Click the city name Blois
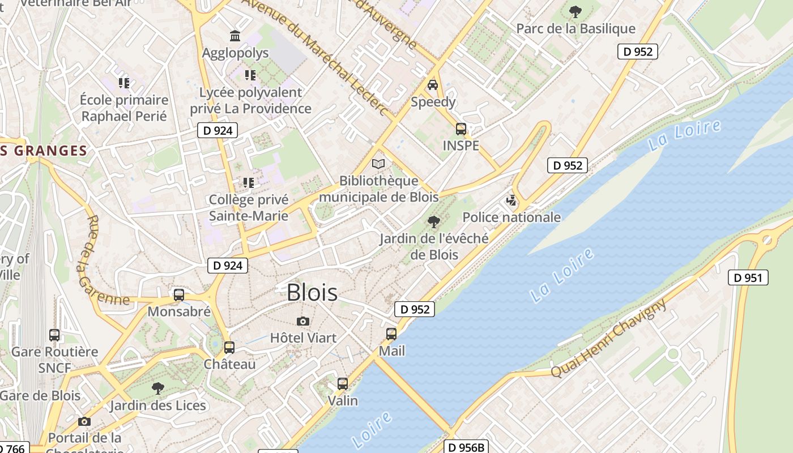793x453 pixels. click(312, 293)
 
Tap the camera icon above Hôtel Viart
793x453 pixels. click(303, 321)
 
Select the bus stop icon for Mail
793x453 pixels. click(391, 334)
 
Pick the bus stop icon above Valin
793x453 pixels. click(342, 383)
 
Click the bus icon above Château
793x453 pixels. click(229, 347)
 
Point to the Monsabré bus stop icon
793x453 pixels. click(179, 294)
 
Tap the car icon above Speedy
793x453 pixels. click(433, 85)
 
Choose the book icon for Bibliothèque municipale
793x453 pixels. click(378, 164)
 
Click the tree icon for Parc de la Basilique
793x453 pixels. click(575, 11)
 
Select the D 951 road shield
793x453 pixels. click(748, 277)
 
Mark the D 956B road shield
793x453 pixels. click(466, 447)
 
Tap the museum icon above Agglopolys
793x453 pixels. click(235, 36)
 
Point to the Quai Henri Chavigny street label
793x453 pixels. click(609, 339)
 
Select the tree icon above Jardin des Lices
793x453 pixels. click(158, 388)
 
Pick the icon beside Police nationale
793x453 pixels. click(511, 200)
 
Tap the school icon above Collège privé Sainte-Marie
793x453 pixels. click(248, 182)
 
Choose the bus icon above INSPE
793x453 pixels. click(461, 129)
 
